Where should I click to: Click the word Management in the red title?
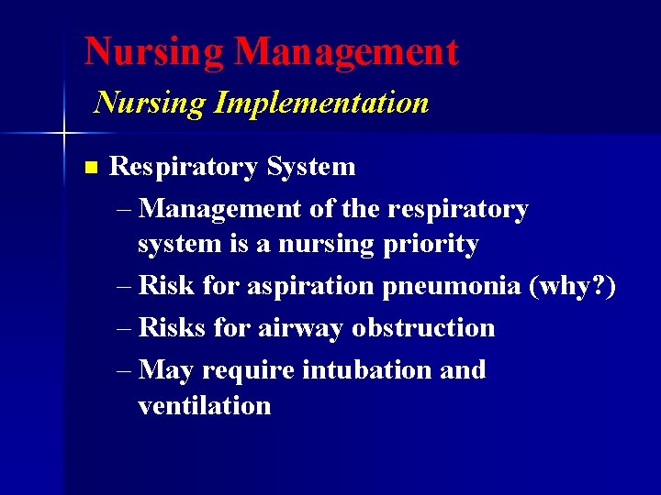[x=346, y=51]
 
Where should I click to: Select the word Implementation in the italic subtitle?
[x=321, y=102]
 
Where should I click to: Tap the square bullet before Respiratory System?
[x=89, y=168]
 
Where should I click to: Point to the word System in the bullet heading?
[x=310, y=167]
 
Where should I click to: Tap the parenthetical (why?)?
[x=573, y=286]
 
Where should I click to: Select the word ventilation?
[x=204, y=405]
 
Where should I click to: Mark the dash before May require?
[x=127, y=370]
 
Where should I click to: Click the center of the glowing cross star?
[x=63, y=134]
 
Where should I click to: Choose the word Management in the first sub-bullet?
[x=221, y=209]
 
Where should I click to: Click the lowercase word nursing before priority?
[x=327, y=245]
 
